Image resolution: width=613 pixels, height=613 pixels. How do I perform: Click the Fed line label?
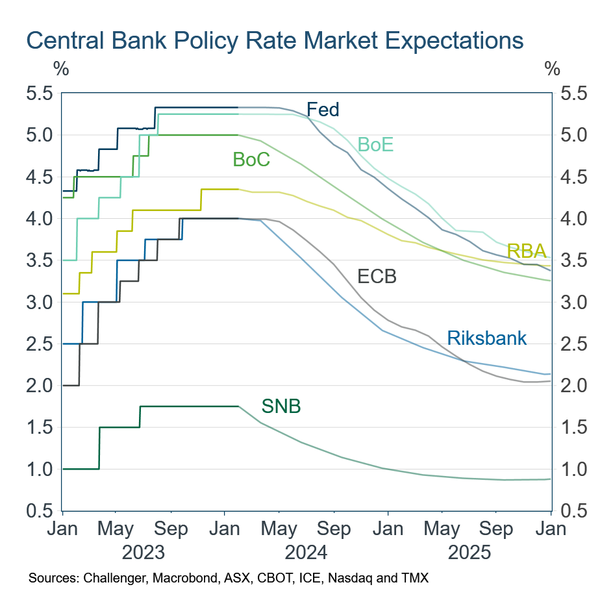pos(323,110)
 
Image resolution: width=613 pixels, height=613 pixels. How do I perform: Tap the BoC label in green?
pos(251,159)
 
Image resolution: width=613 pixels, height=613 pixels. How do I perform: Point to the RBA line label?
pos(526,252)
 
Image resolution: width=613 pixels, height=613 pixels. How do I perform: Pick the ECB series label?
pos(377,277)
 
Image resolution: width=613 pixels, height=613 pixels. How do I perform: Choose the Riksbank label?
pos(486,338)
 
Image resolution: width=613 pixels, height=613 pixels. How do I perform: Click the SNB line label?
pos(281,407)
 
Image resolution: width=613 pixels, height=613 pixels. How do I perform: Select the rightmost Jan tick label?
pos(551,529)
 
